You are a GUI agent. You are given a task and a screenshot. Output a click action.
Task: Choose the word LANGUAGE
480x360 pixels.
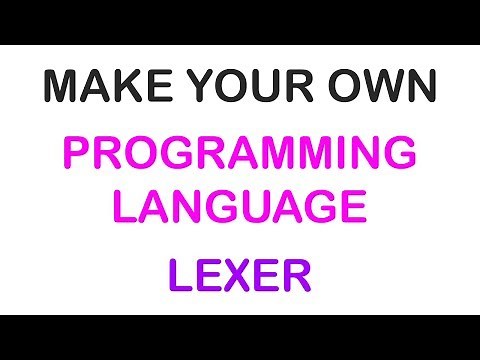(240, 207)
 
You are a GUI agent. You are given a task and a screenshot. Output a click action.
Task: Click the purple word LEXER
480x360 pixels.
(240, 273)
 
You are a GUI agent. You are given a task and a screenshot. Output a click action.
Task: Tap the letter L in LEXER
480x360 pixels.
(179, 273)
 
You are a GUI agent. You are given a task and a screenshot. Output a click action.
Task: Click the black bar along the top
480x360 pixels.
(240, 22)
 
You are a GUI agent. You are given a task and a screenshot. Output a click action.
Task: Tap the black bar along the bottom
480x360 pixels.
(240, 337)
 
